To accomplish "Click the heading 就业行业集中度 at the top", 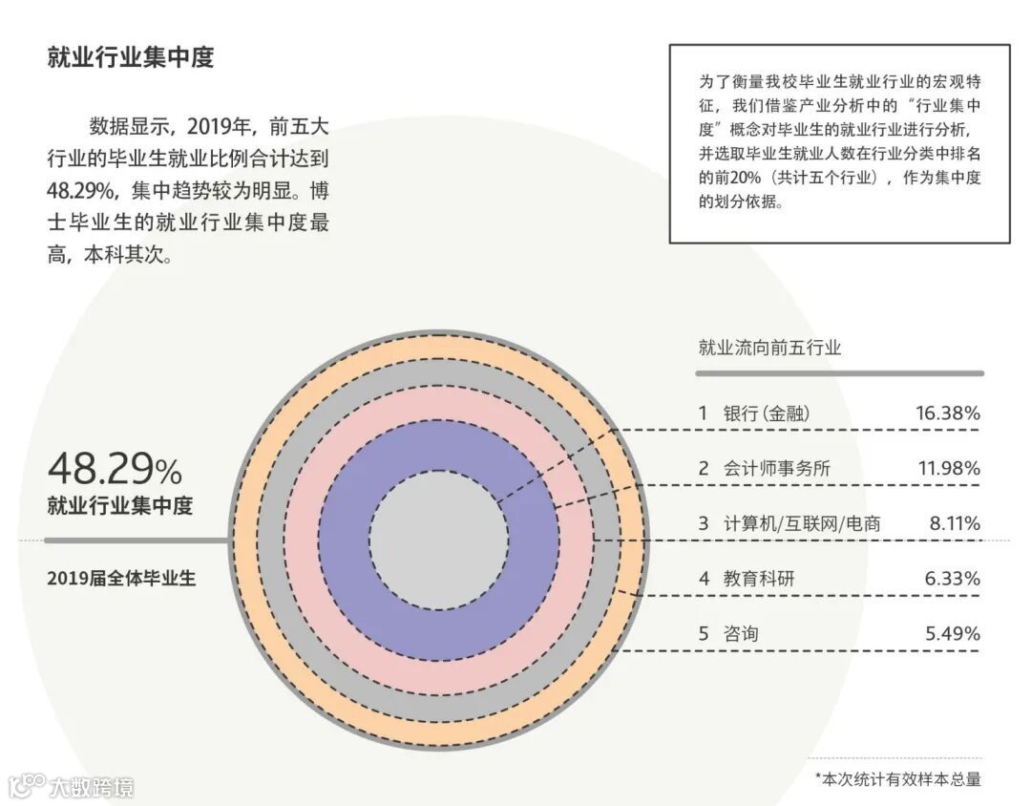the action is (x=131, y=57).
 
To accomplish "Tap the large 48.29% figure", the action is (x=115, y=469).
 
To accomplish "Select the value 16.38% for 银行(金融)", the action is (x=947, y=414).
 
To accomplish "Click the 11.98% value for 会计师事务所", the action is (x=947, y=468).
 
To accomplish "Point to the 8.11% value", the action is (x=953, y=523).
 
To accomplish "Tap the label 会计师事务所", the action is (x=777, y=468).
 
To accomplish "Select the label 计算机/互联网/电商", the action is (x=802, y=523).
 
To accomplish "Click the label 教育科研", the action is (x=759, y=578).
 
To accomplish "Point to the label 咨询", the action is (x=742, y=633).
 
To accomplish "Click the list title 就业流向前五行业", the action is (x=769, y=348).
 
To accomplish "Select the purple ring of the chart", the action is (x=438, y=630).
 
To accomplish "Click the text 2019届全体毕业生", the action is (x=121, y=578).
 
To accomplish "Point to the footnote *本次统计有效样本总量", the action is (x=897, y=779).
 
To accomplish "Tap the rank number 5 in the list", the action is (x=704, y=633).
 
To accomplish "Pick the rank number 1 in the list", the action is (x=704, y=414).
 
